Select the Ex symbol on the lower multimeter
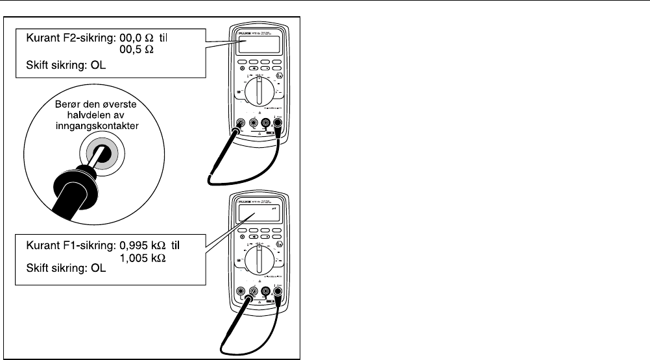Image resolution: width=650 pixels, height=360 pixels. (279, 245)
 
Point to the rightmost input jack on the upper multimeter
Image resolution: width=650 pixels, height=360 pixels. (278, 122)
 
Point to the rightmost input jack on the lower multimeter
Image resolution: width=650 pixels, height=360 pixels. (278, 291)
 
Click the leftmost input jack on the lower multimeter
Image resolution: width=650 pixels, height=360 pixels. (241, 291)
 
